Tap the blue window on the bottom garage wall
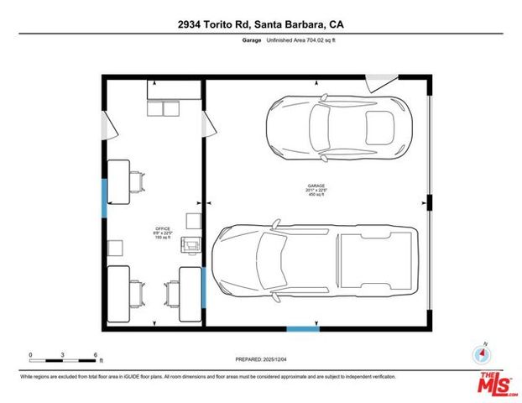303,327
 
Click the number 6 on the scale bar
97,354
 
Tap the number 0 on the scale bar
31,354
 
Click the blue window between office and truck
205,287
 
